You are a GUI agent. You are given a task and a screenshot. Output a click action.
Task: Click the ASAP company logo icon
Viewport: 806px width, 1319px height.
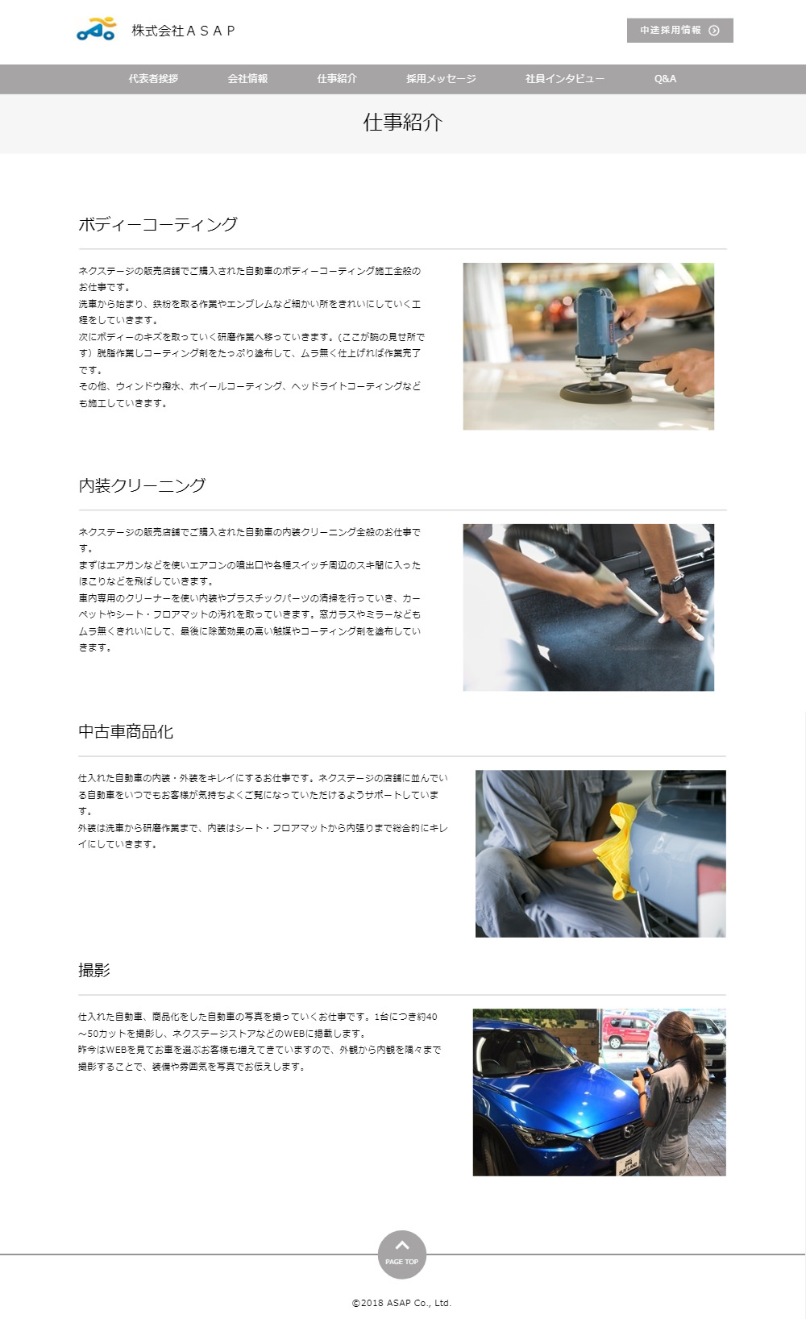97,30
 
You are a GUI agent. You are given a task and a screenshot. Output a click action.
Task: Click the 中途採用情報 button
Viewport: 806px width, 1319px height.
679,31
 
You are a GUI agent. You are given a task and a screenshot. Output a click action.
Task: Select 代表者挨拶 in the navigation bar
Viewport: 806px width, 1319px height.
153,79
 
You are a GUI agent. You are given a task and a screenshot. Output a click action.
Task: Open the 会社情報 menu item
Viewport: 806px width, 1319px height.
247,79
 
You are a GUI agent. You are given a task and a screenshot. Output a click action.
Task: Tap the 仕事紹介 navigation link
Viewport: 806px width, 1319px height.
337,79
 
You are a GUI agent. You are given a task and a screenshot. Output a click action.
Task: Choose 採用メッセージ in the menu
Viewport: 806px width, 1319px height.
441,79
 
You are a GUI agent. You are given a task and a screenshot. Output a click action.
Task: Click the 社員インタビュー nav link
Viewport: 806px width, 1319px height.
565,79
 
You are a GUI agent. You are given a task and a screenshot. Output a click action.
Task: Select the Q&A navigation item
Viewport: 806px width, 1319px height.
665,79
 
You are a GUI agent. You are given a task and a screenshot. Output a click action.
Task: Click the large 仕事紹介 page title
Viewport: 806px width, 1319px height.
403,123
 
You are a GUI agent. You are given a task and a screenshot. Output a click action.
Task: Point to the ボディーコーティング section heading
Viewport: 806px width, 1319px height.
158,224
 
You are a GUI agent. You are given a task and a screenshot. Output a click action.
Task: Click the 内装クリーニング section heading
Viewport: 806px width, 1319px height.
142,485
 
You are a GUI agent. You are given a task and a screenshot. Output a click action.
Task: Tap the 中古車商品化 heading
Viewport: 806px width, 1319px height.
126,732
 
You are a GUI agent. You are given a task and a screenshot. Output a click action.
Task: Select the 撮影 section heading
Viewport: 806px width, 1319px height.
94,971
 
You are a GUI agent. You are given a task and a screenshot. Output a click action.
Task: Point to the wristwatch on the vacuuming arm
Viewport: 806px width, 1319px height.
672,584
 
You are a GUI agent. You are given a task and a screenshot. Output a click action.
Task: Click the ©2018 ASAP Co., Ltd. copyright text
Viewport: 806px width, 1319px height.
402,1303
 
